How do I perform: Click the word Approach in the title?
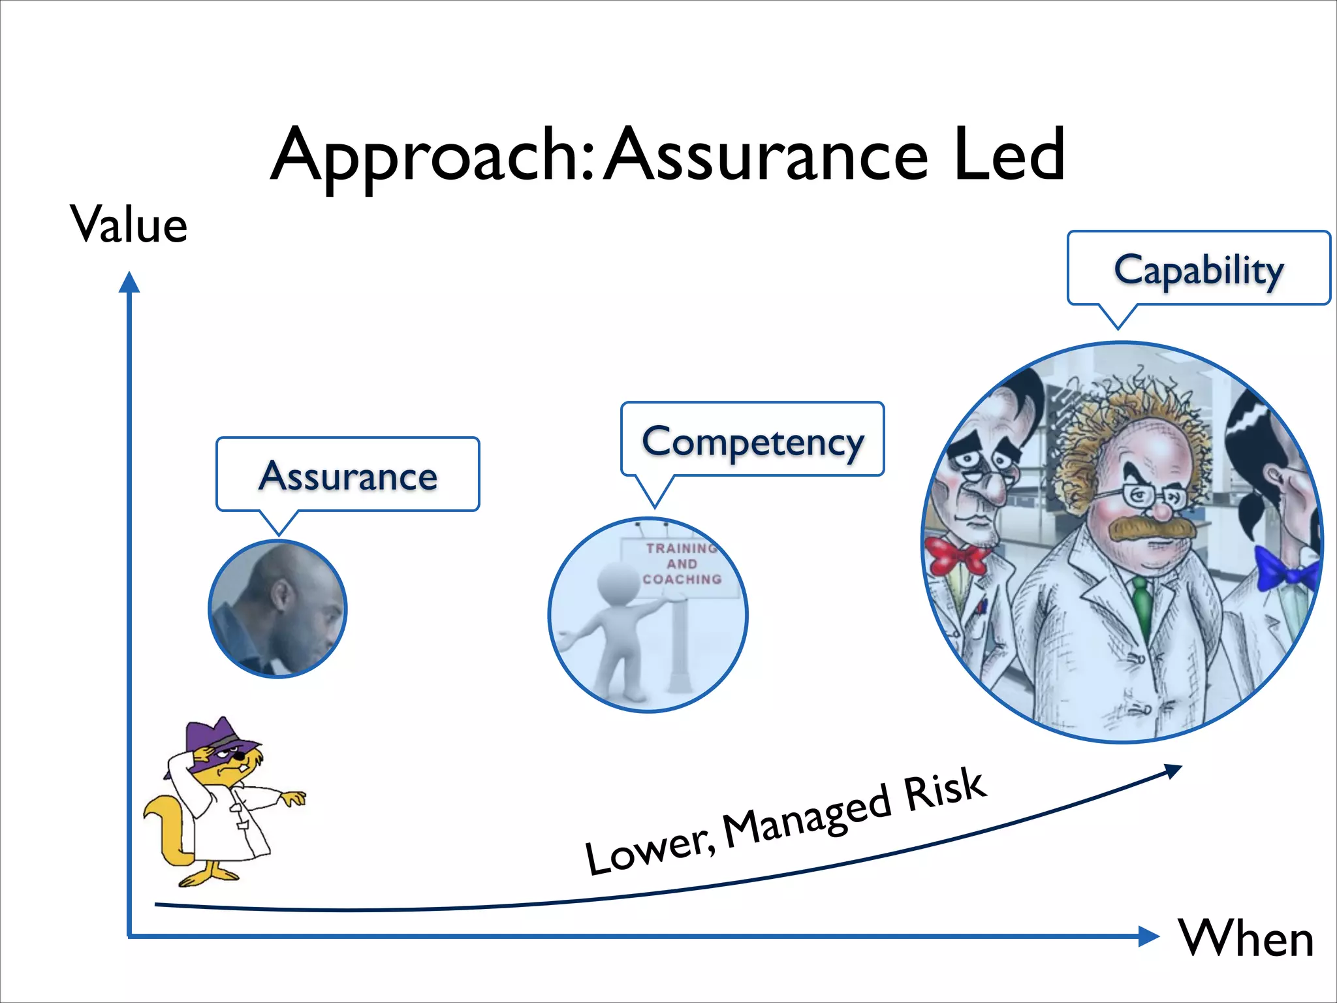click(431, 157)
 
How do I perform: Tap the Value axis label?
click(129, 225)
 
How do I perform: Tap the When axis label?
click(1246, 938)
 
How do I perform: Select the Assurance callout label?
click(348, 475)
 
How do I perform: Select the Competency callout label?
click(753, 442)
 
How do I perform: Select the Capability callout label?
click(1199, 270)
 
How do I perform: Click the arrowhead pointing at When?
click(1149, 936)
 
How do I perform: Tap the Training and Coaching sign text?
click(682, 564)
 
